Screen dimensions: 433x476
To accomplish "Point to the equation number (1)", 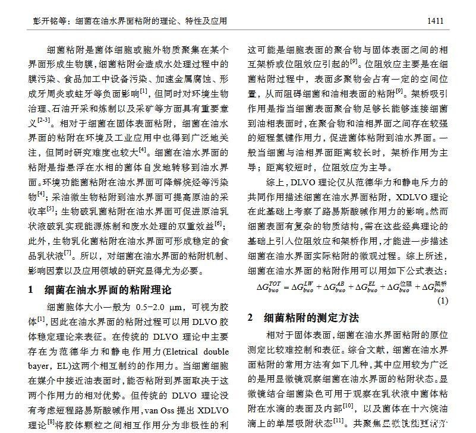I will coord(443,301).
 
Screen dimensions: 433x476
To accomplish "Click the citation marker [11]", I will coord(339,421).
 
